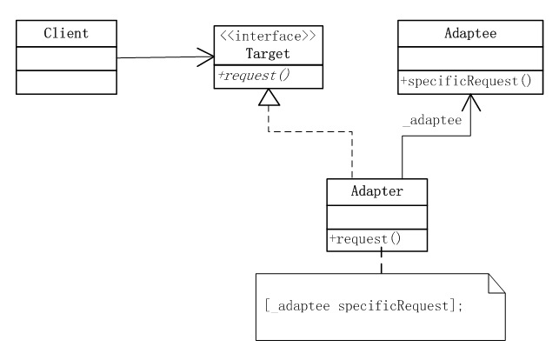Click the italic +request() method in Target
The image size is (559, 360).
[255, 76]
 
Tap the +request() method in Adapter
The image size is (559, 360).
[365, 237]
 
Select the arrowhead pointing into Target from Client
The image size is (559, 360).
[206, 57]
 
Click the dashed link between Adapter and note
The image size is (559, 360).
[380, 260]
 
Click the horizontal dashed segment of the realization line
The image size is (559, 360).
[310, 132]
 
